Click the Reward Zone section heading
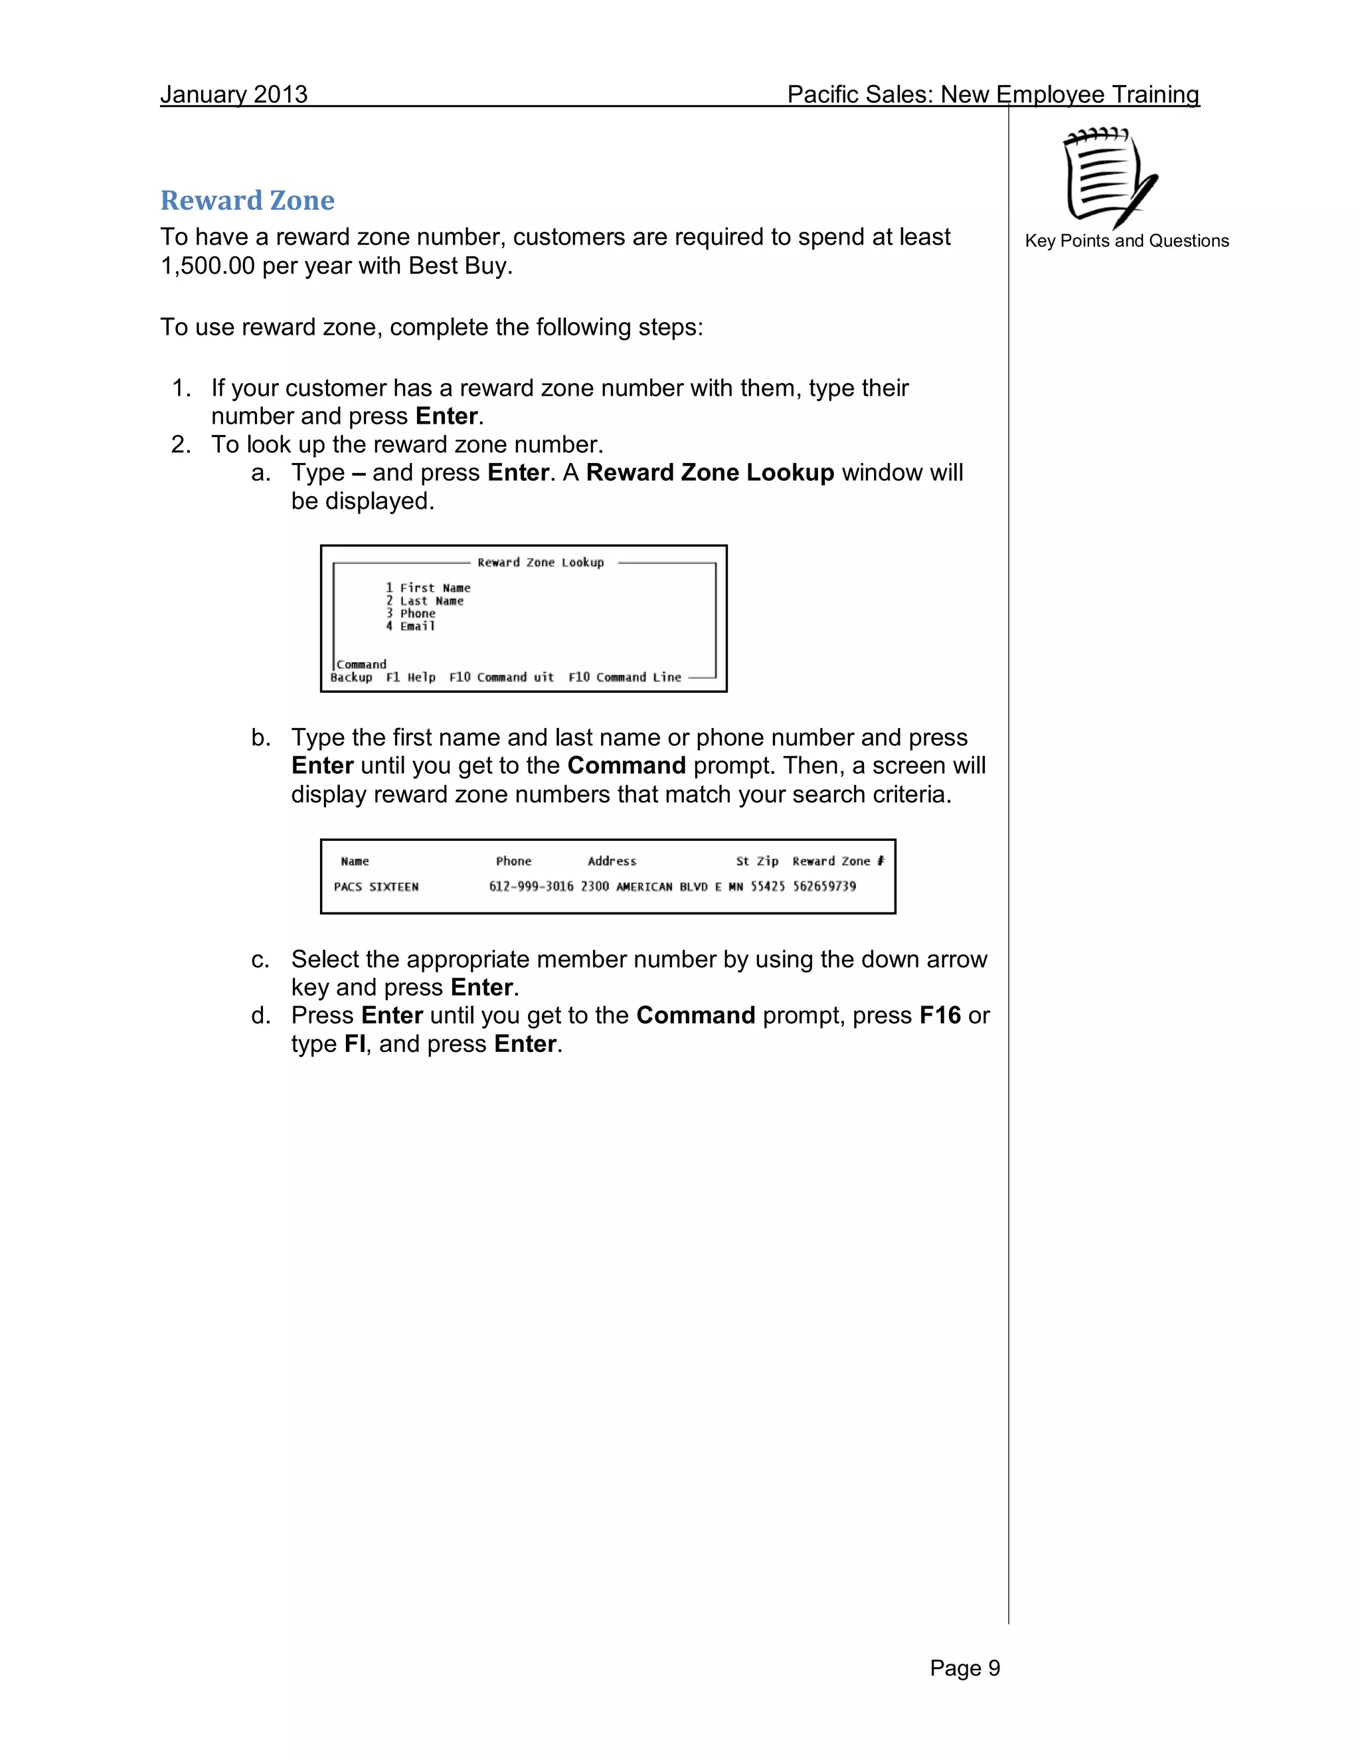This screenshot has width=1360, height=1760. (x=246, y=200)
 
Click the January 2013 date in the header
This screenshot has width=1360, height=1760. (x=234, y=94)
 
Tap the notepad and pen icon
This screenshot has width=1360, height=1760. (x=1110, y=178)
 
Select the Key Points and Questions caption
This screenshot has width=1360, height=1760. (x=1126, y=241)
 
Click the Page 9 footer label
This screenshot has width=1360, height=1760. (x=964, y=1668)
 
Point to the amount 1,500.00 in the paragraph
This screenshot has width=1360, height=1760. (x=208, y=266)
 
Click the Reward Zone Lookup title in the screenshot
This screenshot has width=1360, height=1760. (x=540, y=563)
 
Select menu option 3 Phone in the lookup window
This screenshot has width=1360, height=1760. (x=410, y=613)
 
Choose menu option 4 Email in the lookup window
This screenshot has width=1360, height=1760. (x=410, y=626)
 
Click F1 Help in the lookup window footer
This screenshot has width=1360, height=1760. (x=410, y=677)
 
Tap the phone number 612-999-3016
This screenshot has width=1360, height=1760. (x=531, y=887)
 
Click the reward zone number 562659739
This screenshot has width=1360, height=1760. (x=824, y=887)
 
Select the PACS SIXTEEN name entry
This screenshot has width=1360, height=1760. (x=377, y=887)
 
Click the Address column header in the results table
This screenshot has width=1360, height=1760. (x=612, y=861)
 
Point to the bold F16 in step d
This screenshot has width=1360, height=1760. (x=940, y=1015)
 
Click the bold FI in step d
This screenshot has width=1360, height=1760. (x=355, y=1045)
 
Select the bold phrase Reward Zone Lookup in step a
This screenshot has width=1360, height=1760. (x=710, y=473)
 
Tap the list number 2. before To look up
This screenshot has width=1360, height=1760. (x=181, y=445)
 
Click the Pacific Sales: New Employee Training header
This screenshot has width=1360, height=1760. (x=993, y=94)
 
